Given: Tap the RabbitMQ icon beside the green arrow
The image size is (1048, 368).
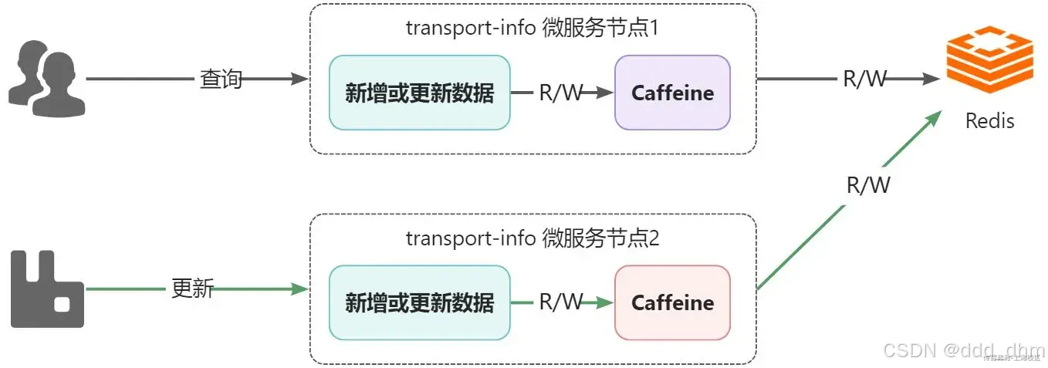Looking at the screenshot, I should (x=47, y=290).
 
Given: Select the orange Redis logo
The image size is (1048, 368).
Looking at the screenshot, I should (x=989, y=59).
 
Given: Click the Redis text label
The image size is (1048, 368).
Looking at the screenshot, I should (x=989, y=121).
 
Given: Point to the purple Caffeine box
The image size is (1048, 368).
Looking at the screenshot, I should (x=672, y=93).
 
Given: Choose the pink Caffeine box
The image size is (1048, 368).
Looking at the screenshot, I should (x=672, y=302).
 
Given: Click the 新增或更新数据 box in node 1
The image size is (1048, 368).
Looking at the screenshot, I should (x=419, y=93).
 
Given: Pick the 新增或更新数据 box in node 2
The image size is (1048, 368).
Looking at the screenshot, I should (x=419, y=302).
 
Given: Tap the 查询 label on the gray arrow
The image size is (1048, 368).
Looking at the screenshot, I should (x=221, y=79).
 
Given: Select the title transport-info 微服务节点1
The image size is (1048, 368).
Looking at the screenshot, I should (x=532, y=29).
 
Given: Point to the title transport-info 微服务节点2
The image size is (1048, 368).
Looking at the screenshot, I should (x=532, y=238).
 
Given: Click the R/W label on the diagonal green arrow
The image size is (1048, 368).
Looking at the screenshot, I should (x=868, y=185).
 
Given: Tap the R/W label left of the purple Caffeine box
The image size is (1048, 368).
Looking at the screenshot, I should (x=561, y=93).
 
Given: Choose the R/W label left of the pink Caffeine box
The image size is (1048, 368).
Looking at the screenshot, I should (x=561, y=302).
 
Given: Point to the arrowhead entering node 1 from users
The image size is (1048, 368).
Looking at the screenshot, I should (x=302, y=79).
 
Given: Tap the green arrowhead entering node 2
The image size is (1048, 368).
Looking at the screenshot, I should (x=302, y=289).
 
